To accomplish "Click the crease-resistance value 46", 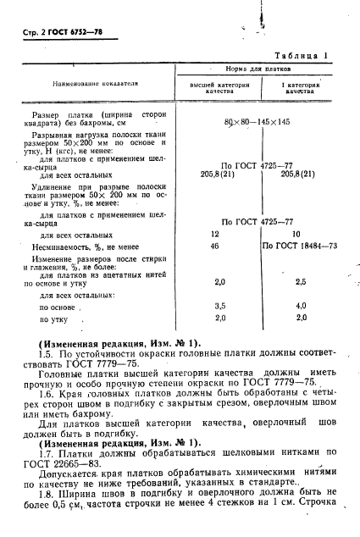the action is [x=215, y=246].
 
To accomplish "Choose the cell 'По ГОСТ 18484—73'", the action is [x=300, y=246].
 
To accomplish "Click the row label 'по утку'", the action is [x=55, y=319].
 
